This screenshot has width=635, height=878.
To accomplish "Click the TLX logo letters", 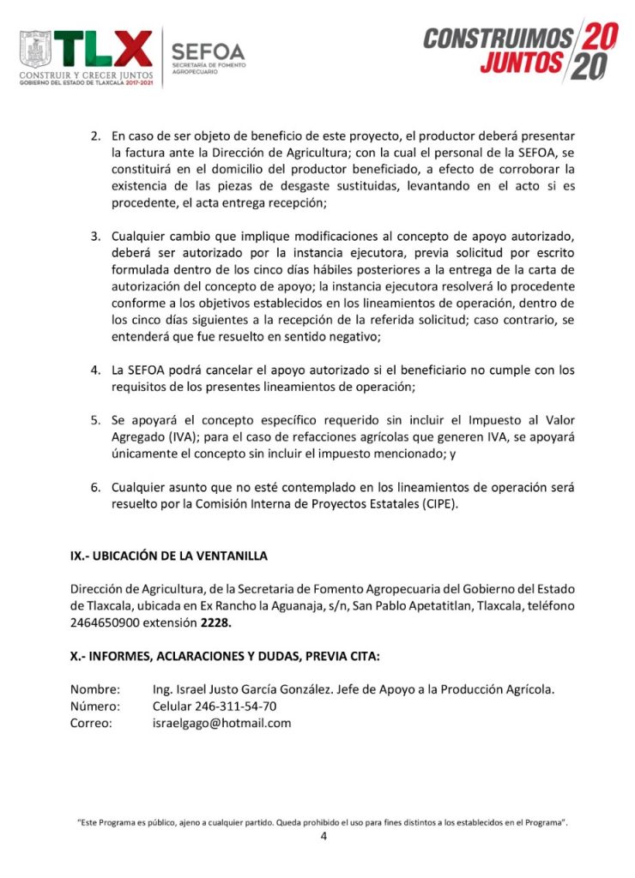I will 104,49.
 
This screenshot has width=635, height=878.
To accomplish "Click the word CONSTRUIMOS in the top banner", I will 498,39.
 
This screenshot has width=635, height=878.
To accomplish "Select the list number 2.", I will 95,137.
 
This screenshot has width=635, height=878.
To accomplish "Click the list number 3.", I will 95,236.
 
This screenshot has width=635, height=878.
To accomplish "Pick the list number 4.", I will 95,370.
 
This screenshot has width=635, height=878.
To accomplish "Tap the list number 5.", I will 95,420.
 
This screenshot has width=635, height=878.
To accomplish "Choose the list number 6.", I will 95,487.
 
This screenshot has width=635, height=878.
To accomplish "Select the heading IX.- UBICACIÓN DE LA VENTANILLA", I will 169,556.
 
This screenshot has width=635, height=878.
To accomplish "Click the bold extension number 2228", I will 216,622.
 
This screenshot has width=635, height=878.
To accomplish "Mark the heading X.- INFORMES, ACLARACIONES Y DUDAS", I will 225,656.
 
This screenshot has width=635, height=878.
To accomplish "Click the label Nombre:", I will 95,689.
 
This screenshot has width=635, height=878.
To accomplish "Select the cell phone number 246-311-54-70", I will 215,707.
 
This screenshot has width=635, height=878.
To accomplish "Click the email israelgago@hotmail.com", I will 221,723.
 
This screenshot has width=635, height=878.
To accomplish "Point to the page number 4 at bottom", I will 324,837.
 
